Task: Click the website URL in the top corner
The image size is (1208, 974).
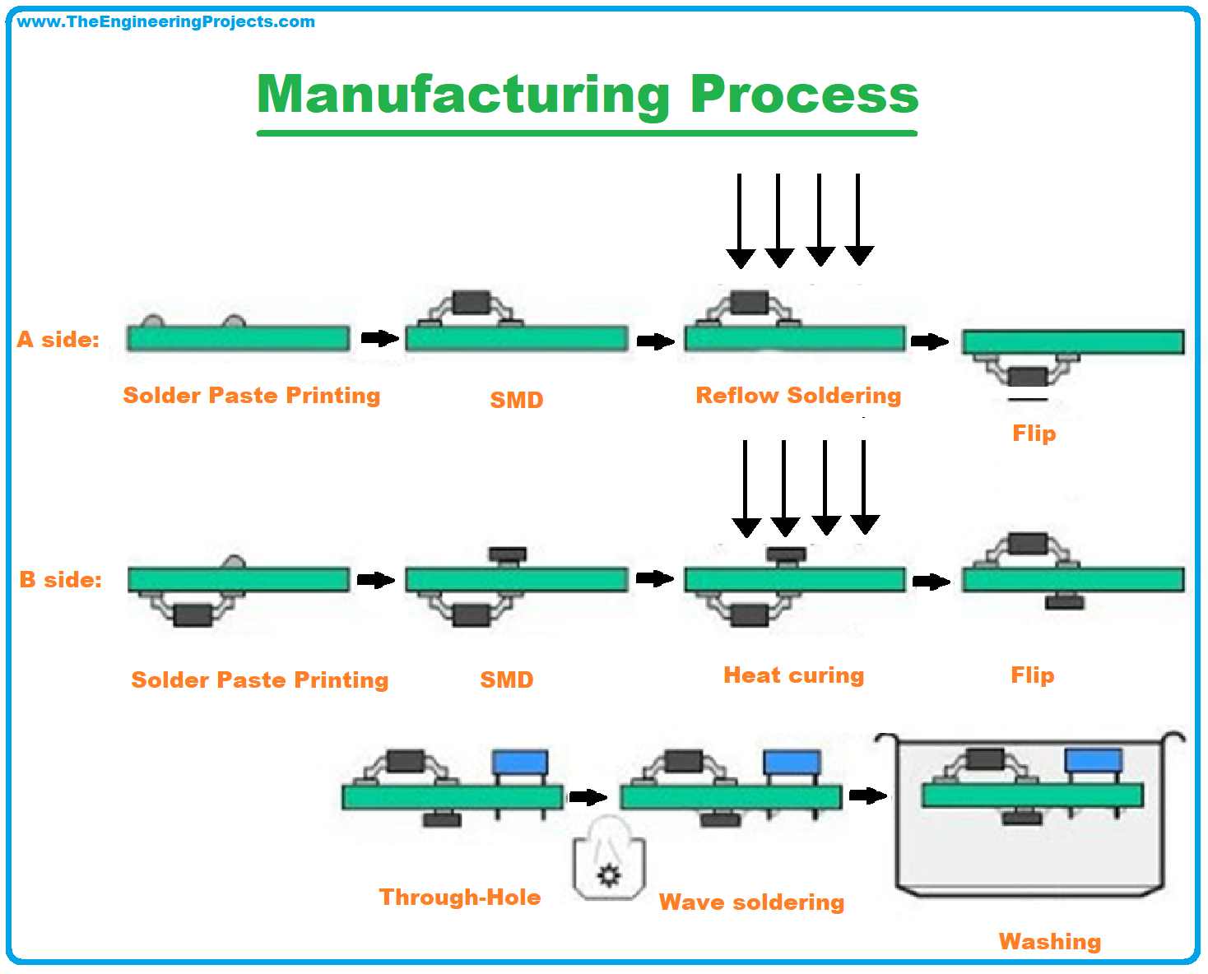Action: tap(165, 22)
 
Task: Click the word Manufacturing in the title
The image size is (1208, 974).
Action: tap(463, 95)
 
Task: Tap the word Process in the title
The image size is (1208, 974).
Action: tap(804, 94)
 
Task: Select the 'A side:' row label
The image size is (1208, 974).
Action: tap(58, 339)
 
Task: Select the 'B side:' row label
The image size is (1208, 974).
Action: tap(61, 579)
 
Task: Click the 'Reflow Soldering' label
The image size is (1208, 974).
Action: tap(798, 396)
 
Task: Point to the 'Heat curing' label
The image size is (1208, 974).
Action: tap(794, 675)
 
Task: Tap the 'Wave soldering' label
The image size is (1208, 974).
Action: tap(751, 902)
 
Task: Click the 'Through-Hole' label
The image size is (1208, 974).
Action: tap(460, 897)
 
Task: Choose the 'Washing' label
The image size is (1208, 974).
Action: tap(1050, 942)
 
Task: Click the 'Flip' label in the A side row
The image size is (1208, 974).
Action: tap(1034, 434)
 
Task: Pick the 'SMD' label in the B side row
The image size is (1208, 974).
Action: tap(507, 679)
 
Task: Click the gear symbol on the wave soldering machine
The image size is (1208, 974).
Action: tap(609, 875)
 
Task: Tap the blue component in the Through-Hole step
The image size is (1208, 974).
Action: tap(520, 763)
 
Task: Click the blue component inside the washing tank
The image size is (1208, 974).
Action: tap(1094, 760)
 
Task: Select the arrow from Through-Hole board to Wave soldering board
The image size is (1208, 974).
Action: tap(588, 796)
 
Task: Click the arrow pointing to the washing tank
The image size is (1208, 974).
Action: tap(868, 795)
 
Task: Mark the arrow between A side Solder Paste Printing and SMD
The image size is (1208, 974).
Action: tap(380, 338)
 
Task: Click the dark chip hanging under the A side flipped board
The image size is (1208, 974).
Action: tap(1027, 377)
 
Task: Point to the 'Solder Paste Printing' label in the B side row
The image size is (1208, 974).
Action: tap(260, 680)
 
